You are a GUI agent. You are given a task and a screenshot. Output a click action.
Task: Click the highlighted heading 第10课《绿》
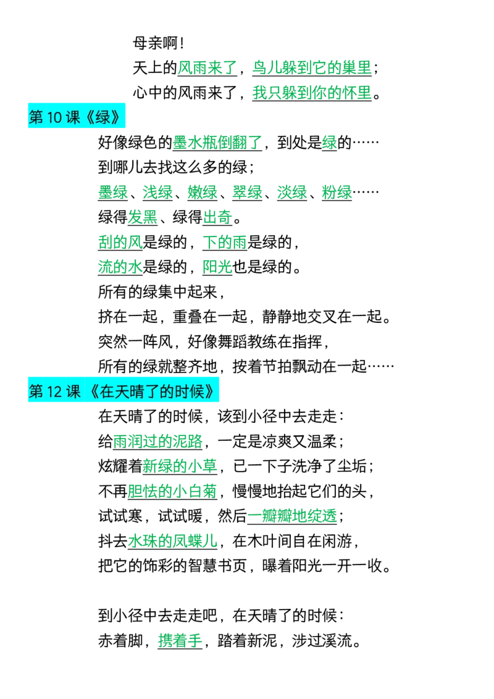(x=76, y=117)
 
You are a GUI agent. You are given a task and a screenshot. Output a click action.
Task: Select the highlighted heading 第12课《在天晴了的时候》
(x=124, y=391)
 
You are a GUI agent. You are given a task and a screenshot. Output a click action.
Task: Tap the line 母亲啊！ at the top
(x=158, y=43)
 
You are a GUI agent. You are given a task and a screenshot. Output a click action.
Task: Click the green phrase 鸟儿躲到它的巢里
(x=312, y=68)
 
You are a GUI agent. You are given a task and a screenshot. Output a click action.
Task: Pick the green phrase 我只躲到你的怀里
(x=312, y=93)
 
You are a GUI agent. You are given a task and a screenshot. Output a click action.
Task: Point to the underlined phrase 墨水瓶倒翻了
(x=217, y=143)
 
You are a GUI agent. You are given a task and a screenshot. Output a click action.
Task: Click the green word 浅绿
(x=157, y=193)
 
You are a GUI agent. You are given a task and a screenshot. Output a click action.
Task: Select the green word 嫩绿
(x=202, y=193)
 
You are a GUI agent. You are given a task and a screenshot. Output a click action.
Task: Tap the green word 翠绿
(x=247, y=193)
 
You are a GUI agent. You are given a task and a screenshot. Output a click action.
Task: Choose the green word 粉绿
(x=337, y=193)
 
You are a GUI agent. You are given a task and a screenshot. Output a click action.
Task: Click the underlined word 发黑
(x=143, y=217)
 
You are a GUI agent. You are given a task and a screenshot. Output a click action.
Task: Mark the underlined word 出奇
(x=217, y=217)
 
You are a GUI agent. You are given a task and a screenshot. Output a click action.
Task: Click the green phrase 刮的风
(x=120, y=243)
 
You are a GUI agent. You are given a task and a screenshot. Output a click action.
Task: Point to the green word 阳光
(x=217, y=267)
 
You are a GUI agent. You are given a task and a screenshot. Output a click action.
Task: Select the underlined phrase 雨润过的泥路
(x=157, y=442)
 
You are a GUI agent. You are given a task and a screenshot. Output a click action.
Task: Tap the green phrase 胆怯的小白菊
(x=172, y=492)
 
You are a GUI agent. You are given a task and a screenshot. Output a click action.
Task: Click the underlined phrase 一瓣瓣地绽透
(x=292, y=516)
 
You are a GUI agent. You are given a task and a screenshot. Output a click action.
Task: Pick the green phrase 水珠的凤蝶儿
(x=172, y=541)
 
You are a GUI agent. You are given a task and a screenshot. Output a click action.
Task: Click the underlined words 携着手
(x=180, y=641)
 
